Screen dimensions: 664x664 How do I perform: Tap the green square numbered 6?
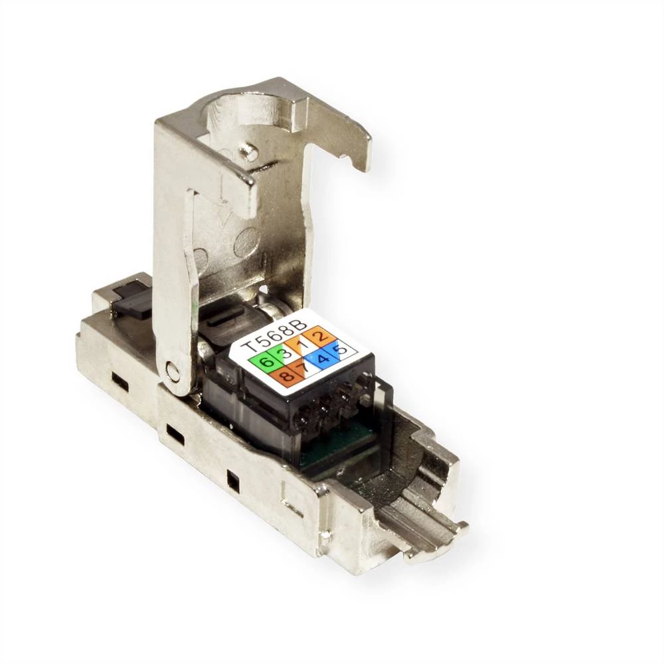pyautogui.click(x=264, y=362)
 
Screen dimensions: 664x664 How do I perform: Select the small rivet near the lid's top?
pyautogui.click(x=249, y=152)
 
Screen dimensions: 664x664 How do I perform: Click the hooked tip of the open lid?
pyautogui.click(x=359, y=159)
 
